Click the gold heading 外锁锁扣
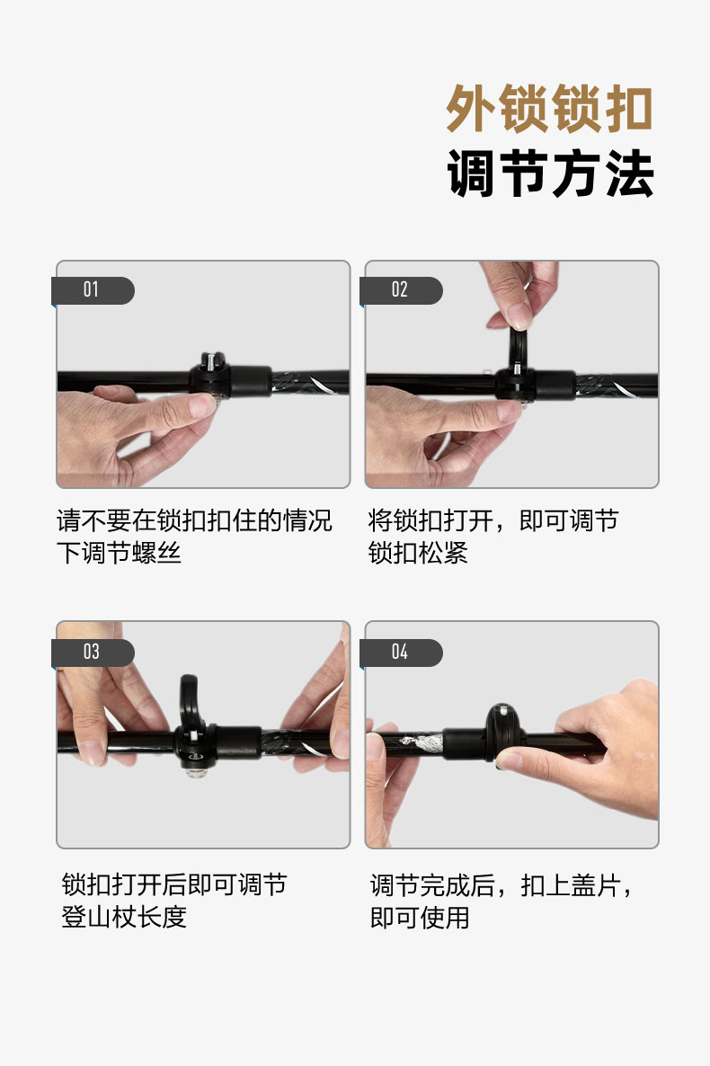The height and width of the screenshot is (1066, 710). [x=549, y=109]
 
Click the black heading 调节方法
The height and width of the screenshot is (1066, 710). [x=550, y=173]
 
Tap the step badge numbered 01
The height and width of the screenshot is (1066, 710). [x=93, y=290]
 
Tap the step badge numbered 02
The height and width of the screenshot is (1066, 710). [x=401, y=290]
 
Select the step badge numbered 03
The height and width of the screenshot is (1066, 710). [x=93, y=653]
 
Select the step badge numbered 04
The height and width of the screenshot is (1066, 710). [x=401, y=653]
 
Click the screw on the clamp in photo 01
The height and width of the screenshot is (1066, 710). [x=211, y=361]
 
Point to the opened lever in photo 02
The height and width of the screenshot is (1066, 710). [x=518, y=347]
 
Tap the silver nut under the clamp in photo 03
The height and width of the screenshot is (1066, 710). [x=196, y=771]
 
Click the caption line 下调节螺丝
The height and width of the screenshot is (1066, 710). [x=119, y=553]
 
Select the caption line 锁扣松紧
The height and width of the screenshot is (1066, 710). [x=418, y=553]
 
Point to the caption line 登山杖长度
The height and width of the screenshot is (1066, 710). [x=124, y=917]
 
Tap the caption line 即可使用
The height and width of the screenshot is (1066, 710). [x=420, y=918]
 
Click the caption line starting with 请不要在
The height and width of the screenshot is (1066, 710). [x=194, y=520]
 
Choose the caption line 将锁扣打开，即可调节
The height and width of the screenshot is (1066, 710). [x=493, y=520]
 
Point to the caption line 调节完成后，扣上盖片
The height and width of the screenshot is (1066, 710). [x=501, y=886]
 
